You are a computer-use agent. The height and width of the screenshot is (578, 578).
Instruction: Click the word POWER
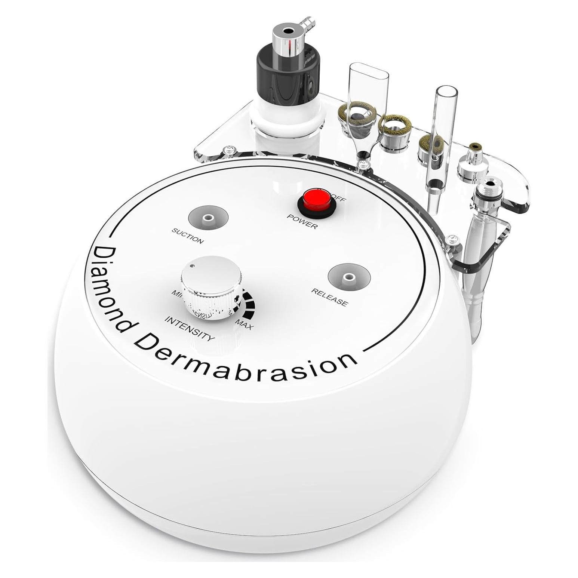pos(302,221)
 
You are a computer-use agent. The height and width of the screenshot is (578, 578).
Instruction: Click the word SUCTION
pos(188,236)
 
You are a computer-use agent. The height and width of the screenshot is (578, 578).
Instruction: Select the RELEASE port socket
pos(349,277)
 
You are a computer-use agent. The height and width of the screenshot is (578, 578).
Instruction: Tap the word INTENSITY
pos(190,329)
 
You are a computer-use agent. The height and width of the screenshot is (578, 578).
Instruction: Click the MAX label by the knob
pos(245,324)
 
